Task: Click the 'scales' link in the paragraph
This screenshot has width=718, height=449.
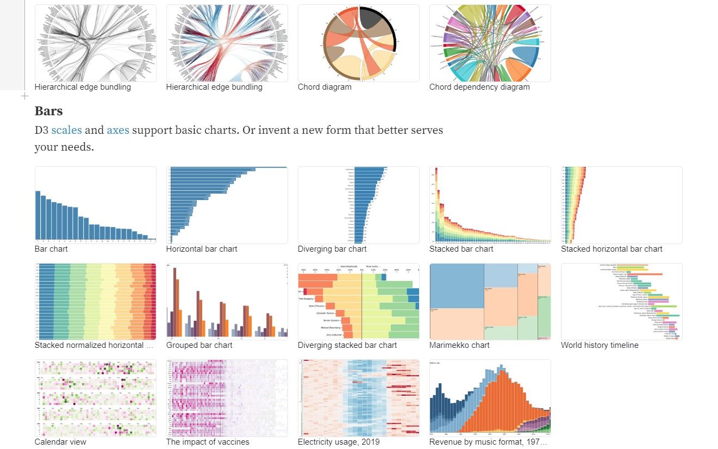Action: tap(66, 130)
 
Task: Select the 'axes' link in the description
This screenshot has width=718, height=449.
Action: tap(118, 130)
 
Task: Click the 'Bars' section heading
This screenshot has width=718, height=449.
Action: tap(48, 111)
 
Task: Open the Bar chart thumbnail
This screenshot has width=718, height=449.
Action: tap(95, 205)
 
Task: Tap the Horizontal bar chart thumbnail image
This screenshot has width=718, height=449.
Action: tap(227, 205)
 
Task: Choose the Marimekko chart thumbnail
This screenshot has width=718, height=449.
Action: tap(490, 302)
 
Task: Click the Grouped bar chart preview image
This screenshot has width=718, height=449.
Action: tap(227, 302)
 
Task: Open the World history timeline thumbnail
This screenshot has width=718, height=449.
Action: tap(621, 302)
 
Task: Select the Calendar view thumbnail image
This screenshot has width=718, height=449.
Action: tap(95, 397)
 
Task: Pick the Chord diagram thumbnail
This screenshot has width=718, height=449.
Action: tap(358, 43)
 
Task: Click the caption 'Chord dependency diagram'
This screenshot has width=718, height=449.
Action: tap(479, 87)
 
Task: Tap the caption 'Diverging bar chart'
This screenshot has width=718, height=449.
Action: tap(332, 249)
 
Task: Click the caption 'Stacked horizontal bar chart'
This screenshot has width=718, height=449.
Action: tap(611, 249)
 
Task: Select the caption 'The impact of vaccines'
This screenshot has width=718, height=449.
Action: tap(207, 442)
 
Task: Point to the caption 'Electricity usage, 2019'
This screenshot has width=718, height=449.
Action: tap(338, 442)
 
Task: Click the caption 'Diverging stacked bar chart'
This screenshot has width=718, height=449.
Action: tap(347, 345)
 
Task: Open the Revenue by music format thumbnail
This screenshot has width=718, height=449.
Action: tap(490, 397)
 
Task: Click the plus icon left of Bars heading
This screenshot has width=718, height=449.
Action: tap(24, 96)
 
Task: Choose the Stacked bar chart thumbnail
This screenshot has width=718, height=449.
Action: tap(490, 205)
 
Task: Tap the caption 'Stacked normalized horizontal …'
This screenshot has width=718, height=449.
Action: tap(94, 345)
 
